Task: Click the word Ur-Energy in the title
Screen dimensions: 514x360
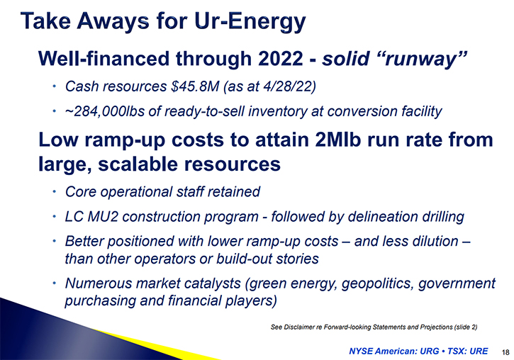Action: pyautogui.click(x=250, y=22)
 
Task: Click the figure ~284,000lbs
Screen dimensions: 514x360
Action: pyautogui.click(x=105, y=111)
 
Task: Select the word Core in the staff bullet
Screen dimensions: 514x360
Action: pyautogui.click(x=81, y=192)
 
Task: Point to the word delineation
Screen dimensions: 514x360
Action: pyautogui.click(x=383, y=217)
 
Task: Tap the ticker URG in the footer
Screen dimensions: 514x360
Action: pyautogui.click(x=429, y=351)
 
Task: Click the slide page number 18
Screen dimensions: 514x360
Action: pyautogui.click(x=505, y=352)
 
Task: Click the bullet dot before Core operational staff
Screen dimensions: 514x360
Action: pyautogui.click(x=55, y=191)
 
